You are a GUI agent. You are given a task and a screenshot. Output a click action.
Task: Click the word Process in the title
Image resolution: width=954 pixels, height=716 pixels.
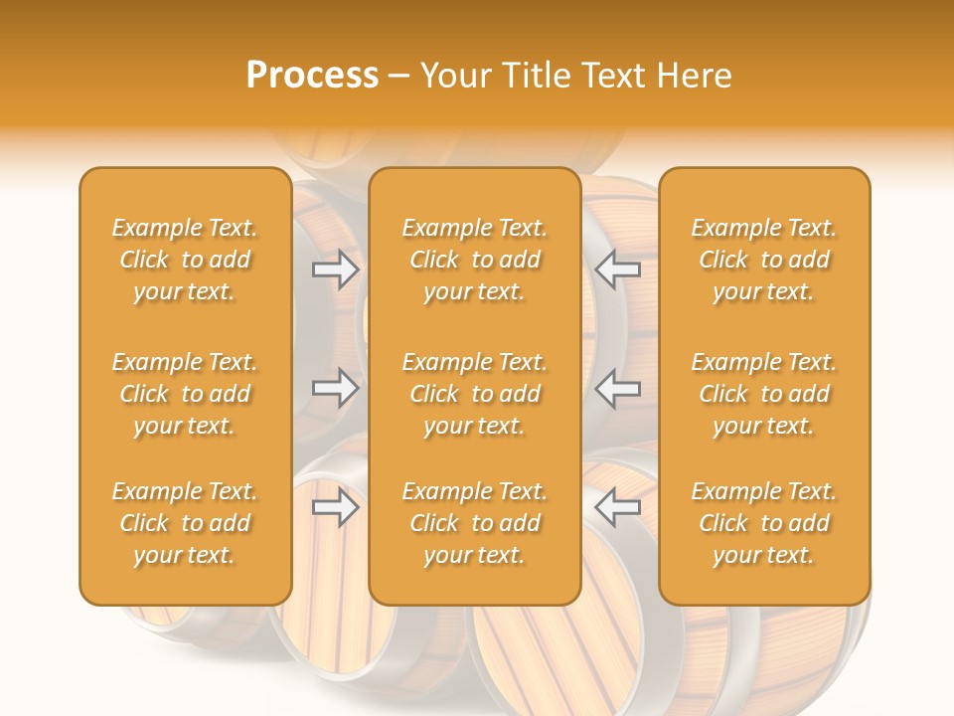[x=312, y=76]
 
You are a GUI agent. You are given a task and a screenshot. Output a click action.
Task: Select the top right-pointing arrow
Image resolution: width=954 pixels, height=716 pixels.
[x=336, y=268]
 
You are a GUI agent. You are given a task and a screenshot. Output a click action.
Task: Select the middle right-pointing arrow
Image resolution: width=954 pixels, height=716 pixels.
[x=336, y=388]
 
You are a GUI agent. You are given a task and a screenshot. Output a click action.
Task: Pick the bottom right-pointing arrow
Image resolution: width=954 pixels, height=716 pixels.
[x=336, y=508]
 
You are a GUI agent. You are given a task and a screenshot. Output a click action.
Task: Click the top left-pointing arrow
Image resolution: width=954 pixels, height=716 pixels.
[x=617, y=268]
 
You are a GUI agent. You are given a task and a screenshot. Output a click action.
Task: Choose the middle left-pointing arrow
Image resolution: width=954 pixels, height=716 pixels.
[x=617, y=388]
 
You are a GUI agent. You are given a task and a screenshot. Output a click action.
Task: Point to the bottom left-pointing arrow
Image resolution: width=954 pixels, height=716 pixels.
[x=617, y=508]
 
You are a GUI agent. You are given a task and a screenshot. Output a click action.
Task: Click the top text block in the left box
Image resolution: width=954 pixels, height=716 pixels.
[x=185, y=260]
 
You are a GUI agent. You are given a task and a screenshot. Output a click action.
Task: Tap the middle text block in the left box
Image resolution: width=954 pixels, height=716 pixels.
[x=185, y=394]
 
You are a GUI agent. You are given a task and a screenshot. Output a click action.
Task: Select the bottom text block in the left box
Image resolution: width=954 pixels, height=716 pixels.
[x=185, y=523]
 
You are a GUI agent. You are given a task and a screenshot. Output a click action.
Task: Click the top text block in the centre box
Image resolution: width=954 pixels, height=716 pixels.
[x=474, y=260]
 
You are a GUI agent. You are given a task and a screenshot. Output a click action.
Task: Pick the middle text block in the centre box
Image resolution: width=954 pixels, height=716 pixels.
[x=474, y=394]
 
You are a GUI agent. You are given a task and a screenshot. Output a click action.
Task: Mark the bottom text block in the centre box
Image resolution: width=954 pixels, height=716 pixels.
[x=474, y=523]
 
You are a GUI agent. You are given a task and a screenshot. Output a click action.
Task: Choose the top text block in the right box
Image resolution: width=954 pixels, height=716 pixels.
[x=763, y=260]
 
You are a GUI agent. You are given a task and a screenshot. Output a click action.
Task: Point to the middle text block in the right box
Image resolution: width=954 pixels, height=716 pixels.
[x=763, y=394]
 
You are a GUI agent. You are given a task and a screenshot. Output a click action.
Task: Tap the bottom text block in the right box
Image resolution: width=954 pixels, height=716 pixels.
[x=763, y=523]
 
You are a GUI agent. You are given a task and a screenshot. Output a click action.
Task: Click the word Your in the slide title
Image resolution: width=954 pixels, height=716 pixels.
[x=453, y=76]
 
